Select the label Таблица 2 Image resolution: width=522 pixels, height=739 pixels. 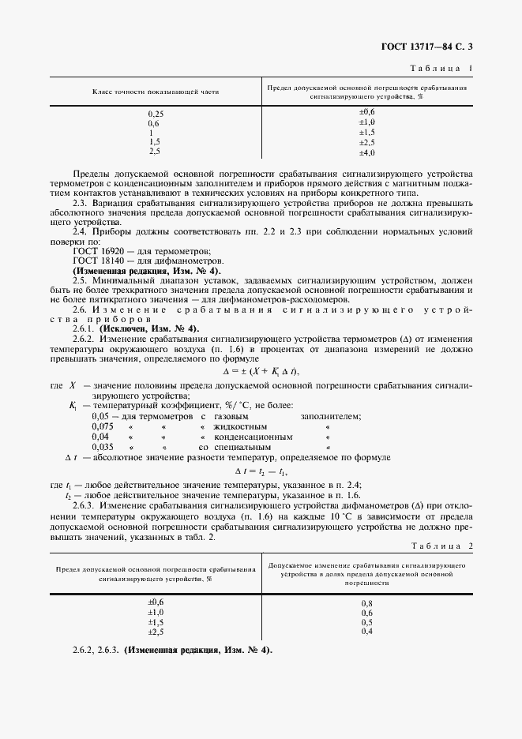click(x=441, y=546)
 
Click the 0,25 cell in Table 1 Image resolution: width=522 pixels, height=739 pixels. click(x=156, y=114)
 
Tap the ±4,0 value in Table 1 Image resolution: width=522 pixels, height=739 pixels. click(x=366, y=152)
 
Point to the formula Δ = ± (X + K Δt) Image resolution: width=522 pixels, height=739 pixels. click(x=261, y=371)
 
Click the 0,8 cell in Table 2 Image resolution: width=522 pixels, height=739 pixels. click(x=366, y=603)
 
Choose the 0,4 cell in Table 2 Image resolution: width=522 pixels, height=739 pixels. click(x=366, y=632)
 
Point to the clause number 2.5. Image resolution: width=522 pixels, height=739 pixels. click(x=79, y=279)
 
